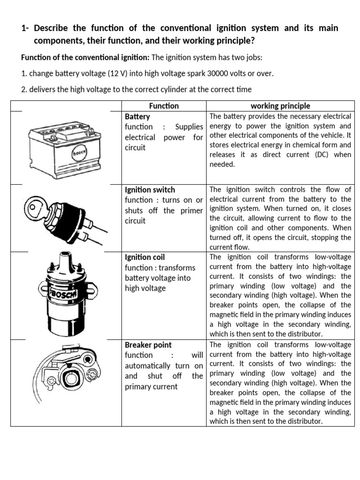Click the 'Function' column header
click(x=164, y=106)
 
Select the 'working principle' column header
click(x=280, y=106)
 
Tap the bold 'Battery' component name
click(x=137, y=116)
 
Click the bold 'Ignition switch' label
click(x=150, y=190)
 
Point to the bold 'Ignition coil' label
click(x=144, y=257)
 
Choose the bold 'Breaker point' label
click(x=148, y=345)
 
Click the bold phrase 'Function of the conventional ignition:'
click(x=85, y=58)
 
